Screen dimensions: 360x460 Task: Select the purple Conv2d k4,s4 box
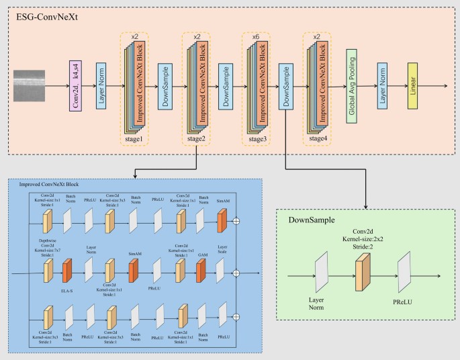coord(75,87)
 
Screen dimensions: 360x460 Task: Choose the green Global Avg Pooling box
coord(351,87)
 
